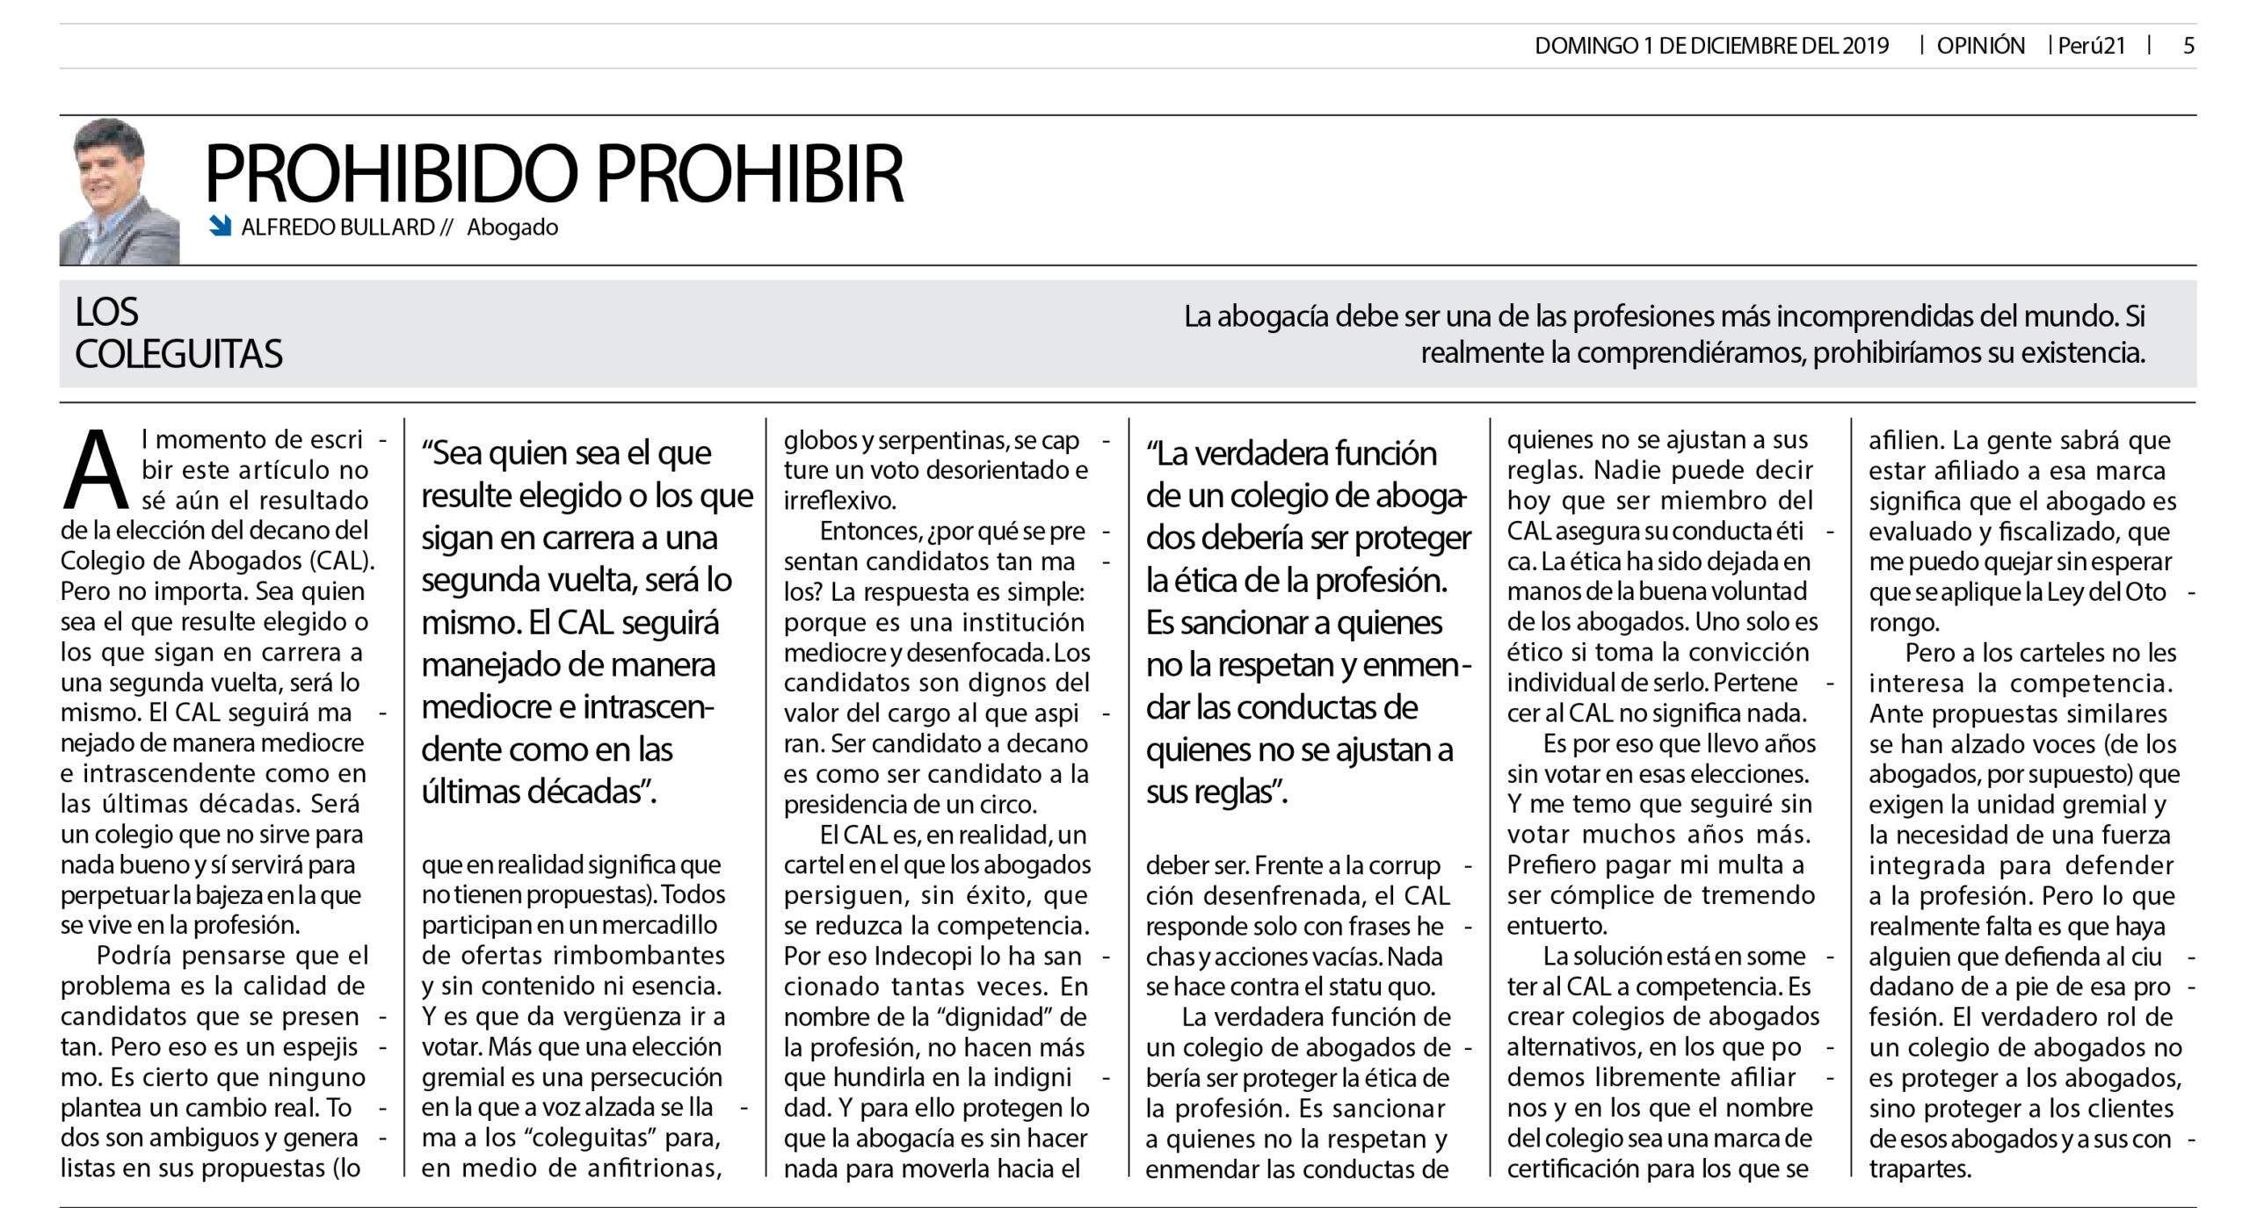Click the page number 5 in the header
2188,47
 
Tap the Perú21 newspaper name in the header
2091,47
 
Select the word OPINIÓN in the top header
1980,47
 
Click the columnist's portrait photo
120,191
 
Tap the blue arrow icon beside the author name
220,227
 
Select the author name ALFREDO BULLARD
338,228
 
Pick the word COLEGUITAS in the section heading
179,354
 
